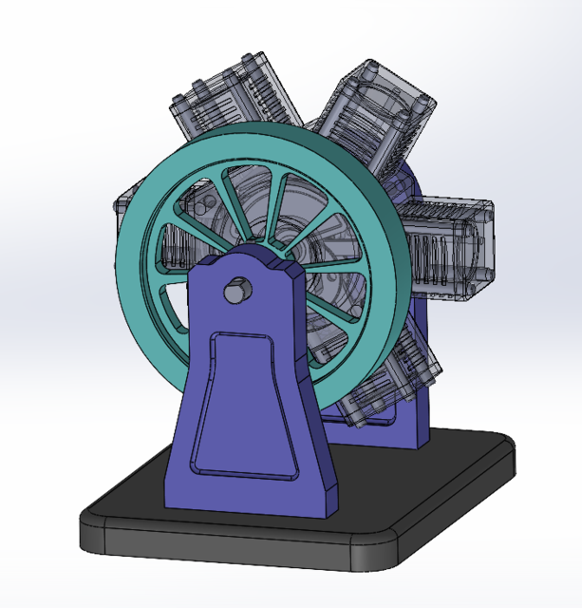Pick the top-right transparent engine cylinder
pyautogui.click(x=375, y=109)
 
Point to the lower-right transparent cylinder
pyautogui.click(x=413, y=366)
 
